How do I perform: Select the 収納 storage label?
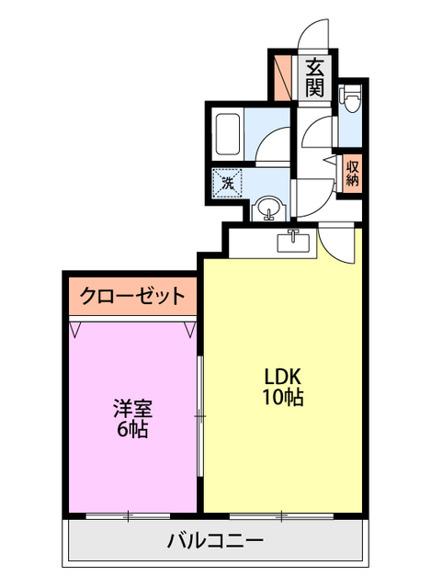[352, 174]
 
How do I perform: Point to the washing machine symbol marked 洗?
[227, 182]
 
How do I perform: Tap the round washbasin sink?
[267, 209]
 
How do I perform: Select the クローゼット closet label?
[131, 296]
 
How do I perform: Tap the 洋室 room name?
[132, 408]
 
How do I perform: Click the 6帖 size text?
[132, 429]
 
